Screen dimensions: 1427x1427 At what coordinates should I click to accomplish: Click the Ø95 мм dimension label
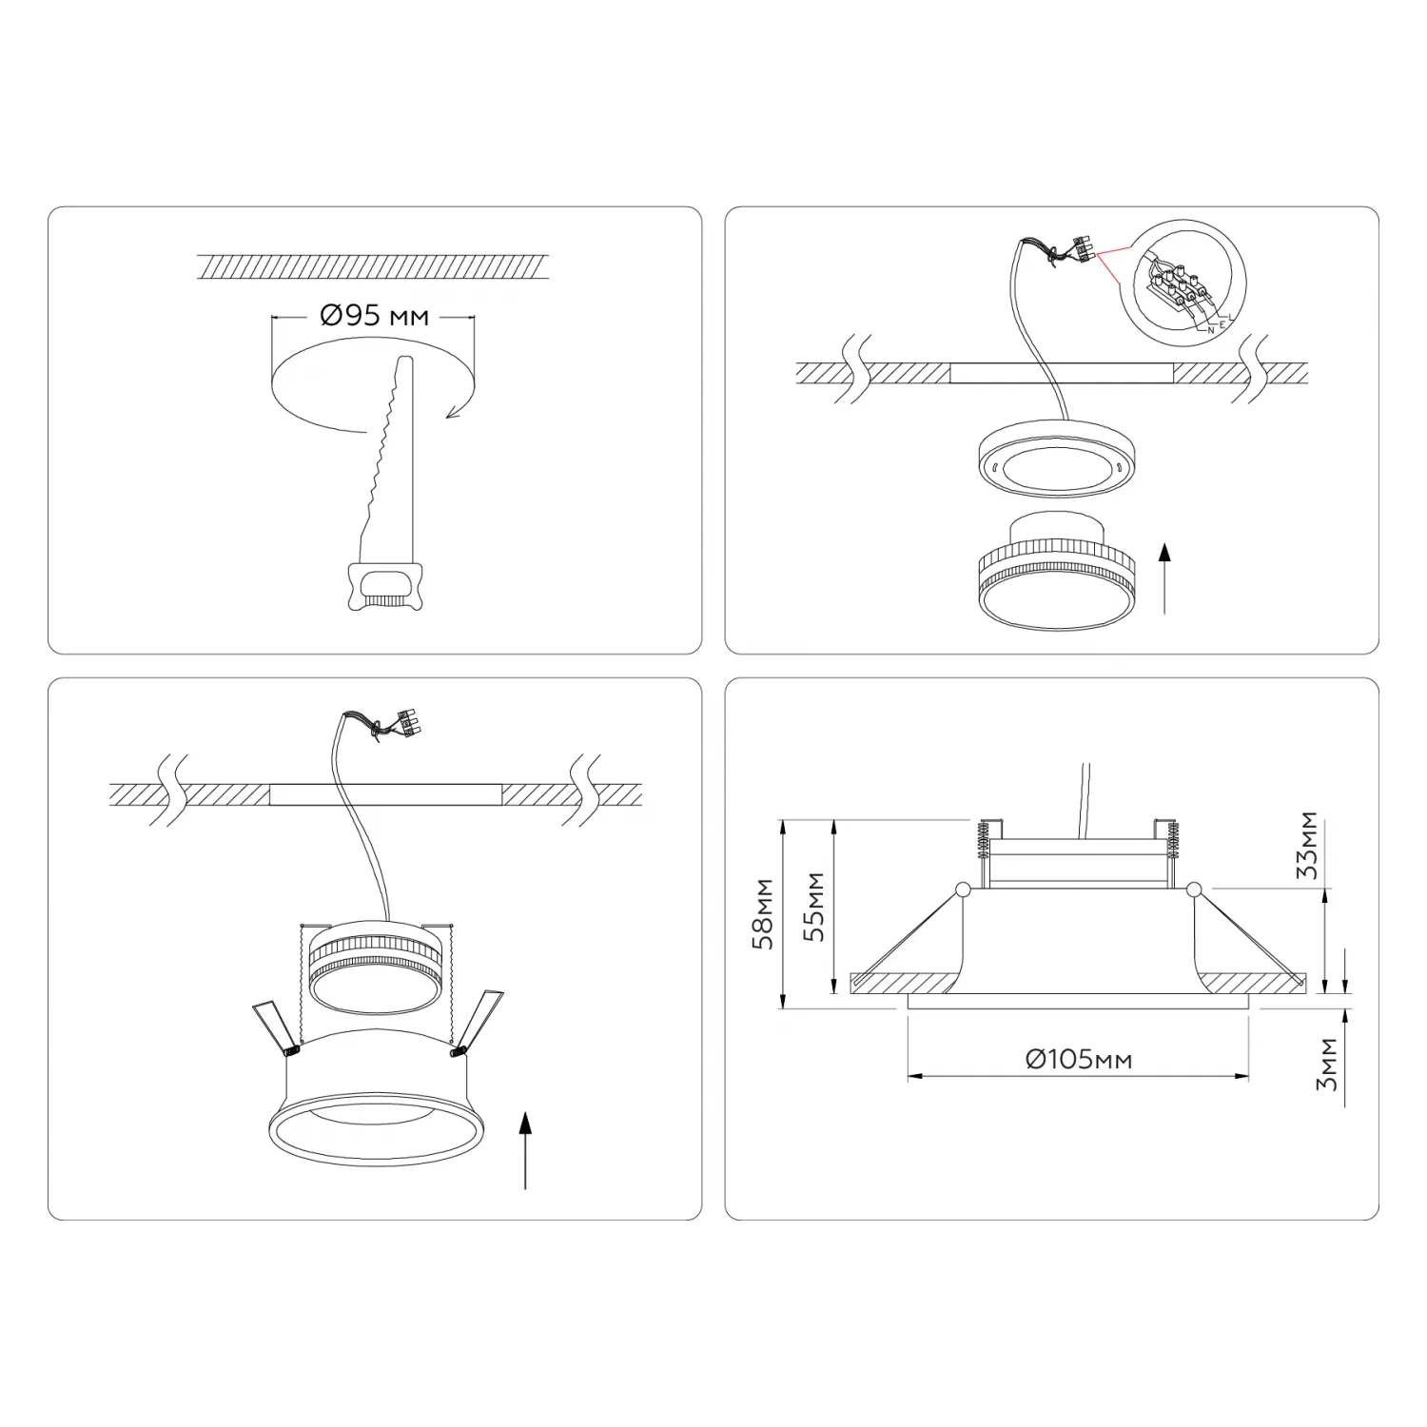coord(374,315)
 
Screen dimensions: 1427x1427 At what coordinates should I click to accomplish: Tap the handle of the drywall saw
coord(385,585)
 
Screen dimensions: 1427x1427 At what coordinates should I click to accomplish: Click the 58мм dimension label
coord(763,913)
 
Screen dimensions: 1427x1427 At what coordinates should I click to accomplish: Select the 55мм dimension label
coord(814,906)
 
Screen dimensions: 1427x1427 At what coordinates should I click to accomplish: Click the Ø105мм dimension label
coord(1079,1058)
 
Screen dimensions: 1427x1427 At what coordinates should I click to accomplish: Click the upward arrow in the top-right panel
coord(1164,578)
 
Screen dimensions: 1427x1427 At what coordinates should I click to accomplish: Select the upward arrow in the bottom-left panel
coord(524,1151)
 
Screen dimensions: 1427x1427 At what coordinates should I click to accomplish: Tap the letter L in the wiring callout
coord(1231,316)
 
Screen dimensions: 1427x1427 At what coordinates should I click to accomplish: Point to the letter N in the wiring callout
coord(1211,329)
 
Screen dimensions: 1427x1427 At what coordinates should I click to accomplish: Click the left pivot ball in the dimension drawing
coord(963,889)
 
